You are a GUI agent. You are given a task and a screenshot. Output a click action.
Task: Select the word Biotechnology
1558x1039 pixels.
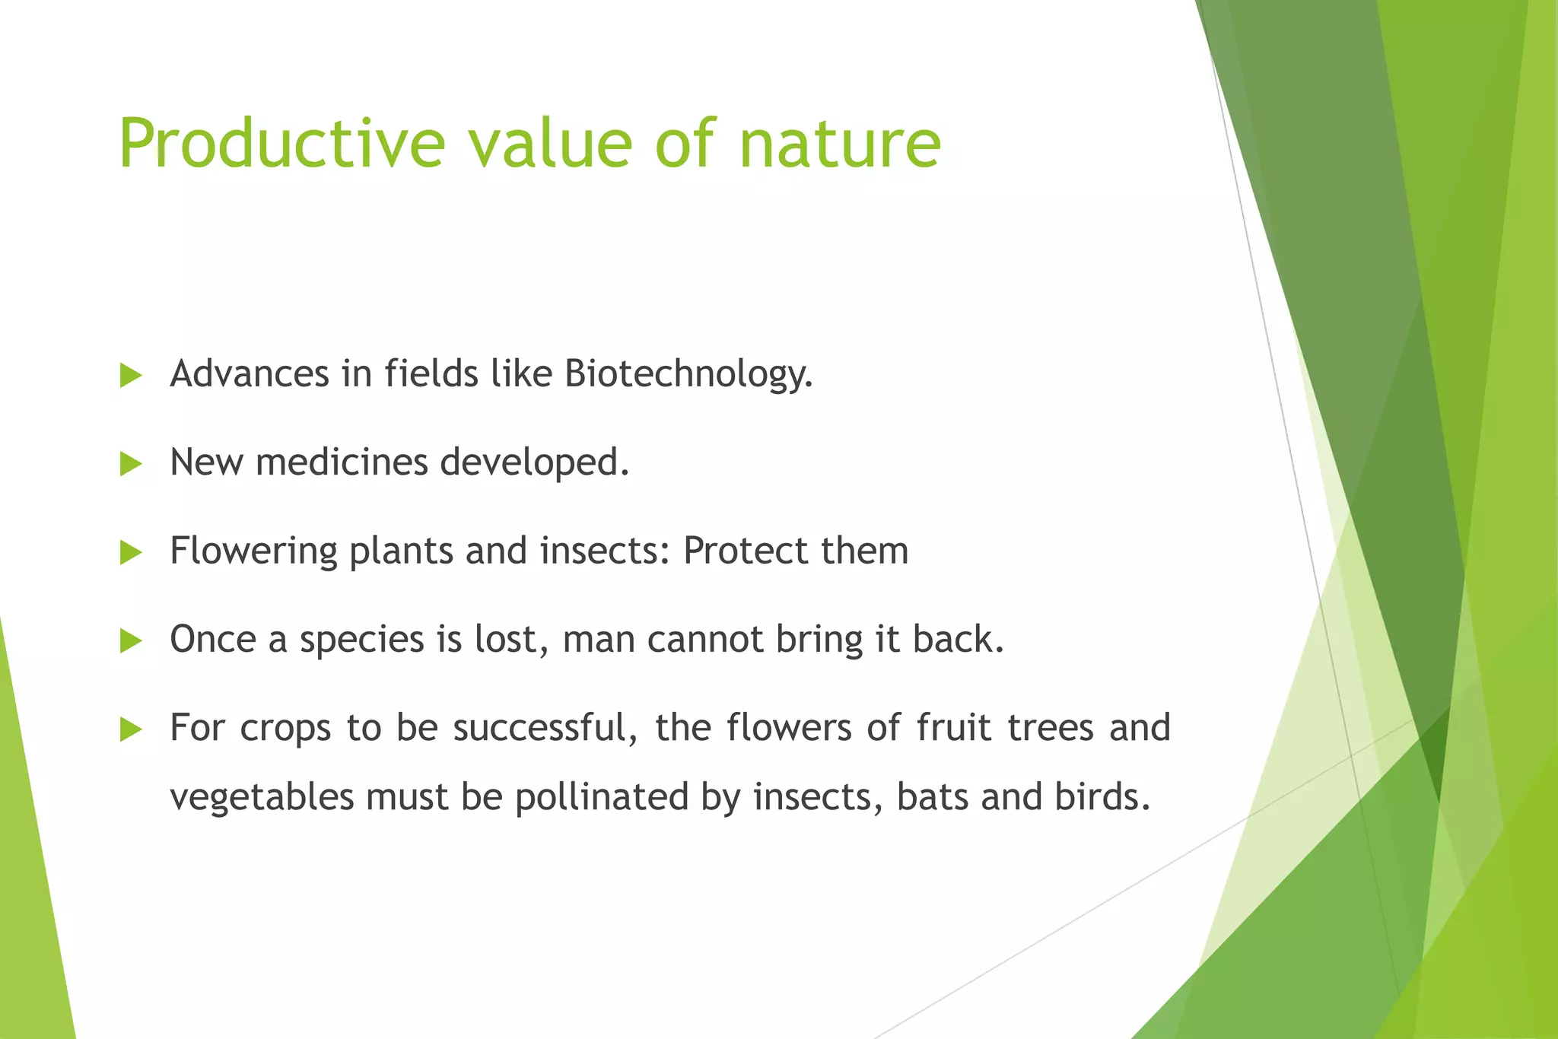coord(688,374)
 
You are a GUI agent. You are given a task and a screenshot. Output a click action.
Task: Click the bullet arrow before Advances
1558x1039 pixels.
coord(131,376)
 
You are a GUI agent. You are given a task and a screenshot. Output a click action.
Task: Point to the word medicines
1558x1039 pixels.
coord(342,462)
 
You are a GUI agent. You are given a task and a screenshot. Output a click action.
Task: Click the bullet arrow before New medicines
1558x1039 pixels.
coord(131,464)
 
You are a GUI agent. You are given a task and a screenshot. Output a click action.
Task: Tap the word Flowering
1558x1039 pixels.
coord(253,551)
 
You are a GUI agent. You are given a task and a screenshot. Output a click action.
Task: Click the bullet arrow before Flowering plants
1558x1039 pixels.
coord(131,553)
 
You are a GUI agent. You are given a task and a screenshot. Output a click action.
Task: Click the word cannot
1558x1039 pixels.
coord(705,639)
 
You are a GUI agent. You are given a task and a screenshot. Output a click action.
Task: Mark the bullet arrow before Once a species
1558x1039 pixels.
coord(131,641)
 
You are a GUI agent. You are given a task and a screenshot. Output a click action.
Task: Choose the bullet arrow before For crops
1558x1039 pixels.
coord(131,730)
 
